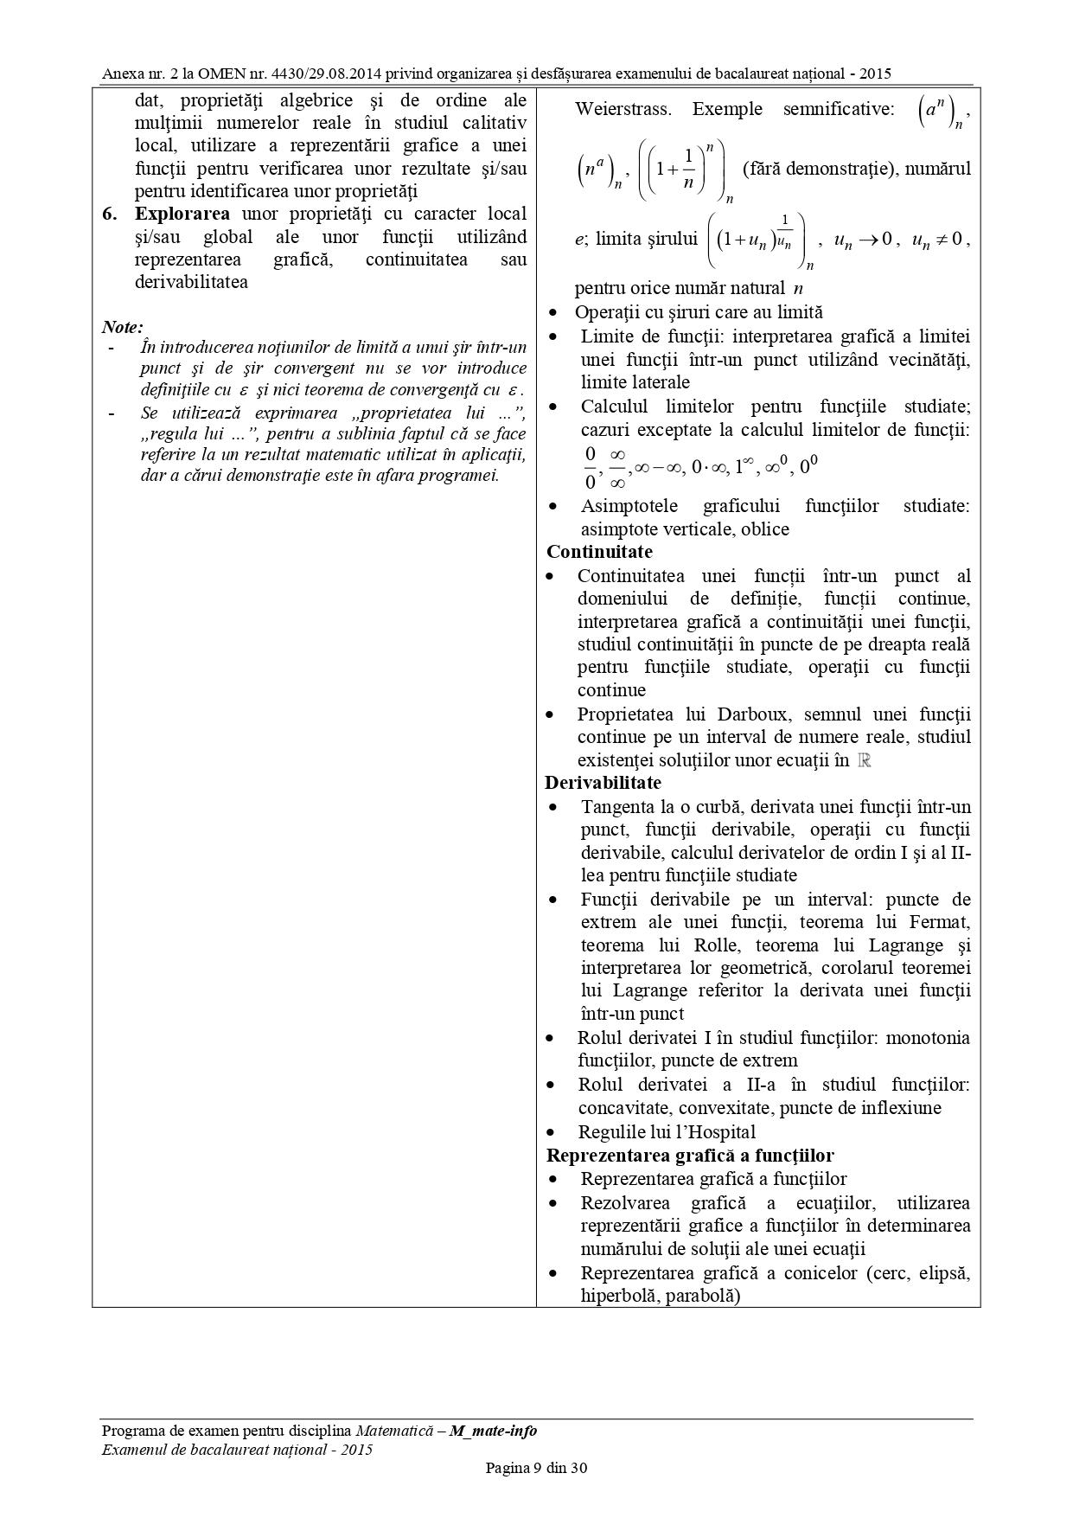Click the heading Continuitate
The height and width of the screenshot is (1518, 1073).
[599, 552]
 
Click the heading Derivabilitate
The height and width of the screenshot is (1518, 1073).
[603, 783]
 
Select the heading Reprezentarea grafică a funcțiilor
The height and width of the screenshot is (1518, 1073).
[690, 1156]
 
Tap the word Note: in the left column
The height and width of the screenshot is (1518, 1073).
[122, 327]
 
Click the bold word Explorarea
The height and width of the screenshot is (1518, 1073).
[182, 214]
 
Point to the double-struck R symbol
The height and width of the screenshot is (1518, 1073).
[863, 760]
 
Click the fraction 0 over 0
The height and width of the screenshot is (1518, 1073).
[591, 468]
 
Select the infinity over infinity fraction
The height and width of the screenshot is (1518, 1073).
[617, 468]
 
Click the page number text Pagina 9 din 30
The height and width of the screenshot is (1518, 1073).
[536, 1468]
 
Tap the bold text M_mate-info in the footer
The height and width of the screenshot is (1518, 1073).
[493, 1431]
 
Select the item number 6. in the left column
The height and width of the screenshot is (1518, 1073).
[111, 214]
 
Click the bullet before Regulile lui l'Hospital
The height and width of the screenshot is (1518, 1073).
[552, 1132]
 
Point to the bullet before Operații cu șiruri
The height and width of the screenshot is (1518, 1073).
[552, 312]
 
